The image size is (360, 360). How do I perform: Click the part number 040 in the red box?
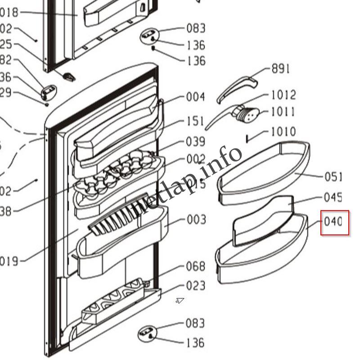[x=335, y=222]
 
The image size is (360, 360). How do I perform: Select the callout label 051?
[x=333, y=177]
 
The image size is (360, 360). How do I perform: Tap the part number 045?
[x=333, y=198]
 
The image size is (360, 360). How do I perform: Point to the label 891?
[x=280, y=69]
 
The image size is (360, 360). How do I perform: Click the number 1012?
[x=283, y=95]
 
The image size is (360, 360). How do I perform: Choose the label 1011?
[x=283, y=112]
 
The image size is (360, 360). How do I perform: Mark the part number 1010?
[x=283, y=132]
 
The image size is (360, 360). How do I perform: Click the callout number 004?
[x=196, y=97]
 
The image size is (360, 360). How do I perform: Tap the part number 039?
[x=196, y=142]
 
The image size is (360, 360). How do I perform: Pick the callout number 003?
[x=196, y=220]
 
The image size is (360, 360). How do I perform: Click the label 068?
[x=196, y=267]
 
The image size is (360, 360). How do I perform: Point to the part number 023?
[x=196, y=286]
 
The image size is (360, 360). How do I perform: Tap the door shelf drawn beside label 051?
[x=263, y=171]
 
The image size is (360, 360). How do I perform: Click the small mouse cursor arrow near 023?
[x=180, y=301]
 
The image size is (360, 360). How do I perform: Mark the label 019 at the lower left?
[x=9, y=261]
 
